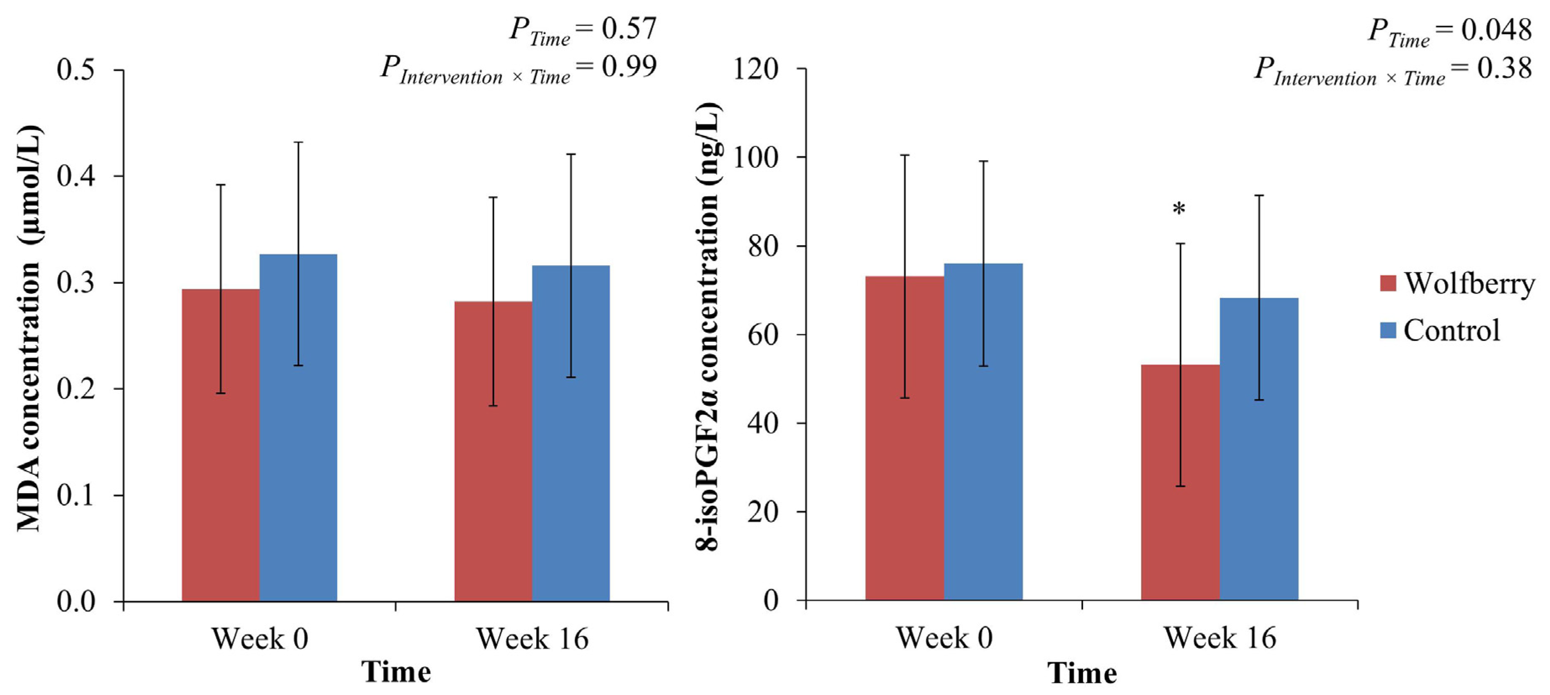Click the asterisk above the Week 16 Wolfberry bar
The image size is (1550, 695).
[1179, 210]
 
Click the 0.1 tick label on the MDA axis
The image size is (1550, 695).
[75, 495]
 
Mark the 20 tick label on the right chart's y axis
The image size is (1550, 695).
[762, 511]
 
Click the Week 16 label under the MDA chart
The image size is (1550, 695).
[532, 638]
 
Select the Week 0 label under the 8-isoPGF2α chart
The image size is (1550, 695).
[944, 637]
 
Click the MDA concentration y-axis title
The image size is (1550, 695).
[29, 328]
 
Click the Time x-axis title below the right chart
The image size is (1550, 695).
[1081, 672]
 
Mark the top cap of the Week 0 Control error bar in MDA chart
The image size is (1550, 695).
[298, 142]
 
